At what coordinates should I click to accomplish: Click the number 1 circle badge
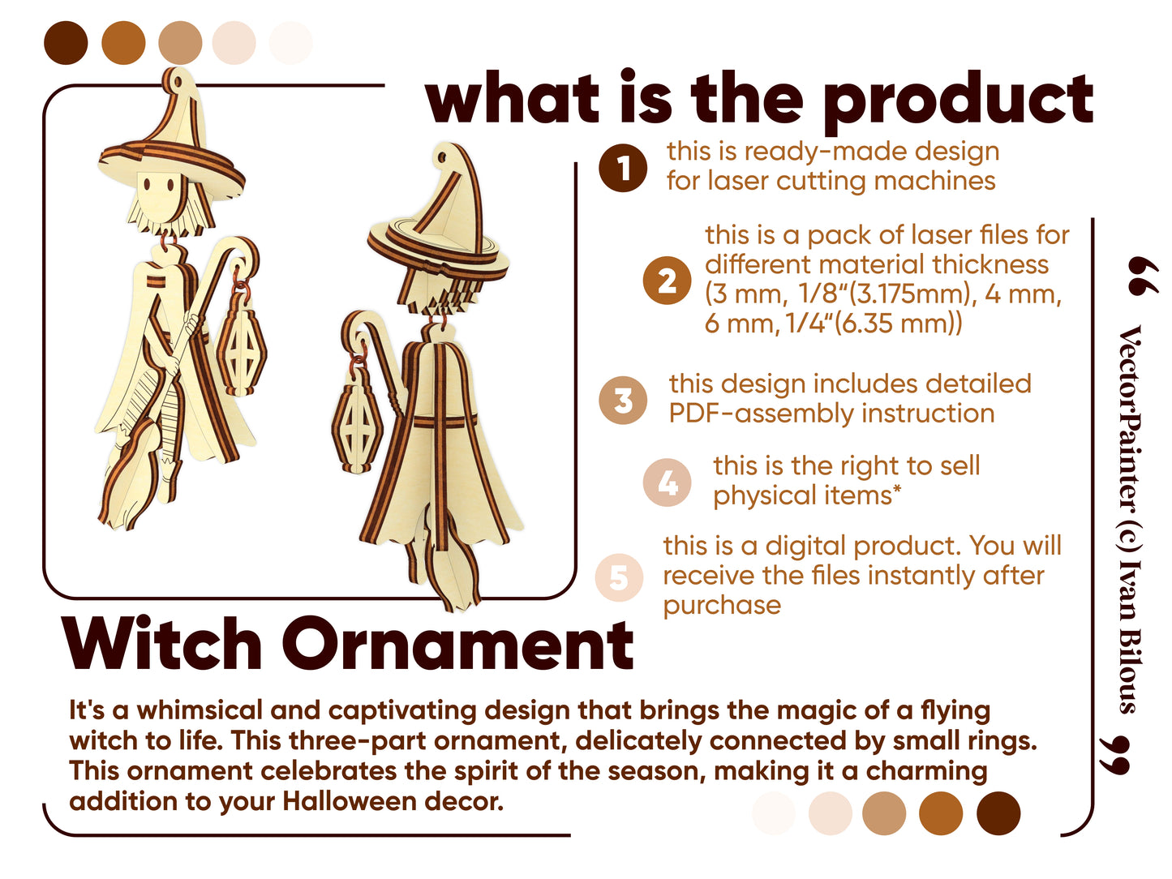click(622, 168)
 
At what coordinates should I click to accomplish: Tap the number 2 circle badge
click(667, 281)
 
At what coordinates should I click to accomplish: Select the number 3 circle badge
click(623, 400)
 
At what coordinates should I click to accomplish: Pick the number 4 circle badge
click(667, 482)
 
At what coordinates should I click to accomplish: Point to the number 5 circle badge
click(619, 577)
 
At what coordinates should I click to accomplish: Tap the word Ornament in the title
click(457, 644)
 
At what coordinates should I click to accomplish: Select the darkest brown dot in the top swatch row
click(66, 43)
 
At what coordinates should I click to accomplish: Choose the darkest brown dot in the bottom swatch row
click(998, 813)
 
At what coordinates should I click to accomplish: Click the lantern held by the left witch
click(241, 341)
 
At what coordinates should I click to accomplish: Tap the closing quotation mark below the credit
click(1114, 755)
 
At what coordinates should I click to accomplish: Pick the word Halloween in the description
click(350, 801)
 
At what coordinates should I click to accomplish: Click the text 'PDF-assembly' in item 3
click(766, 413)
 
